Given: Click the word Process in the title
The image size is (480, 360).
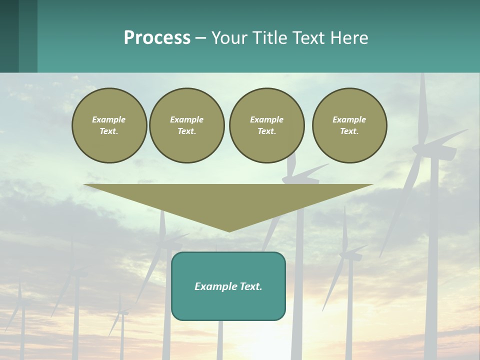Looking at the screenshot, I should pos(157,38).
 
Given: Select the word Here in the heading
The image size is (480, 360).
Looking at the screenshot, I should pos(349,38).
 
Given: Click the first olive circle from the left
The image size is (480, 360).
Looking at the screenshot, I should pos(109,125).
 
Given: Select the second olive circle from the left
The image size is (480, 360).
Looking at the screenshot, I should pos(187,125).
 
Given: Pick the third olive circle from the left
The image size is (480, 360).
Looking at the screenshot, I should pos(266,125).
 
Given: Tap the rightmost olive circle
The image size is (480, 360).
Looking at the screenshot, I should pos(349,125).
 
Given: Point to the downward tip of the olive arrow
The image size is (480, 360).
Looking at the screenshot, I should pos(229,230).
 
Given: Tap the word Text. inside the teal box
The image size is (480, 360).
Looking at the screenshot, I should pos(250,286).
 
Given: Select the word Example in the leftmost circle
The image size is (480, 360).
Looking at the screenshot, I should pos(109,119).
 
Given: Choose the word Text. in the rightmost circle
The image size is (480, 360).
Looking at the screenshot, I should pos(349,131).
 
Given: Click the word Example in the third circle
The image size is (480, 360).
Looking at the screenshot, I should pos(266,119).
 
